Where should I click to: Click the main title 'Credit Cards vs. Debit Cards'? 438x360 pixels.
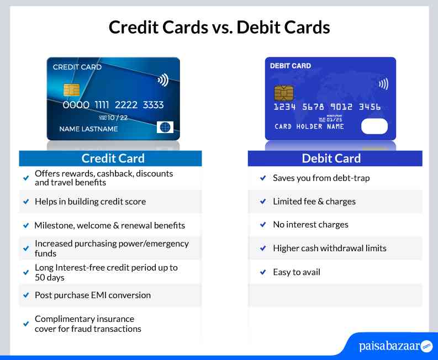point(219,27)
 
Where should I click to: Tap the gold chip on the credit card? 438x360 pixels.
point(71,89)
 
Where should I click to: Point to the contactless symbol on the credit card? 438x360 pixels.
point(162,80)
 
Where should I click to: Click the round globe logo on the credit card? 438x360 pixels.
point(165,127)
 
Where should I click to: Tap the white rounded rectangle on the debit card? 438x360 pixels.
point(374,126)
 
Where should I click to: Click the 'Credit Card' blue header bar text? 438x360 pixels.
point(113,158)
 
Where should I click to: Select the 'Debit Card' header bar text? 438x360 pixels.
point(331,158)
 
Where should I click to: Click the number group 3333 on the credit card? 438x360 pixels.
point(153,105)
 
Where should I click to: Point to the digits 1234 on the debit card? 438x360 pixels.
point(285,107)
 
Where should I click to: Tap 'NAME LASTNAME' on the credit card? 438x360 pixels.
point(88,129)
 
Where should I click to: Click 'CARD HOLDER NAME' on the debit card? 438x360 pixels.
point(309,126)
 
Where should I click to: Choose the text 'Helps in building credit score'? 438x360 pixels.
point(90,202)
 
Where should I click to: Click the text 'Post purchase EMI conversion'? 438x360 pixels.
point(92,295)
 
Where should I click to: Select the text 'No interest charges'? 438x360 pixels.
point(310,225)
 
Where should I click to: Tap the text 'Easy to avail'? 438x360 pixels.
point(296,272)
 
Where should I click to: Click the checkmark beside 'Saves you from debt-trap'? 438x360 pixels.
point(263,178)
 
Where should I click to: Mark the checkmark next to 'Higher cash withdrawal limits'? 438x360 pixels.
point(263,248)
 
